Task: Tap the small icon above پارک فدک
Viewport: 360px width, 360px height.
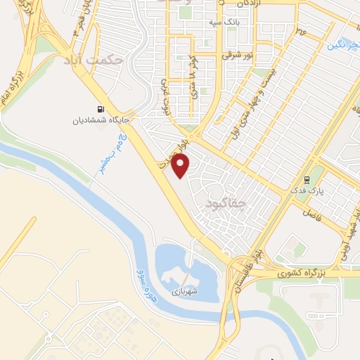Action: point(307,179)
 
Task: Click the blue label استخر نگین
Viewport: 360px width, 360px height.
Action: point(342,44)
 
